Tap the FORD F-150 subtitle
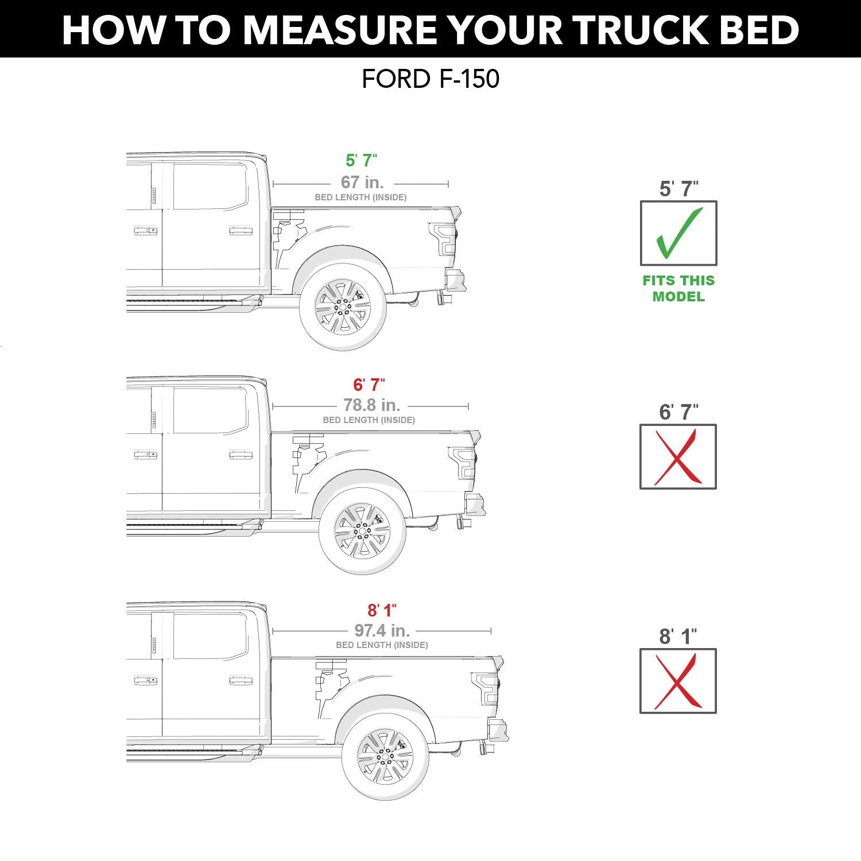click(430, 79)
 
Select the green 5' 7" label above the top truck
click(361, 160)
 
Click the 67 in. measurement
click(362, 182)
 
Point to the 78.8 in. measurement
click(371, 405)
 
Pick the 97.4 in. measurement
click(382, 630)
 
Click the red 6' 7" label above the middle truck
click(369, 385)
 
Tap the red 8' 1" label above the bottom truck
click(382, 610)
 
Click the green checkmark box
click(678, 233)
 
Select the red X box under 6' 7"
click(678, 457)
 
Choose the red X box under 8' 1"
click(678, 681)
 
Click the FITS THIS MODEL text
click(678, 289)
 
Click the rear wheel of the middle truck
click(362, 532)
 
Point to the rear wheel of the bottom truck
click(385, 757)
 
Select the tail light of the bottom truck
click(486, 688)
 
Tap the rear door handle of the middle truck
click(241, 455)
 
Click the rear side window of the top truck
click(210, 187)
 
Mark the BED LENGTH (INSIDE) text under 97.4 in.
click(382, 645)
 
